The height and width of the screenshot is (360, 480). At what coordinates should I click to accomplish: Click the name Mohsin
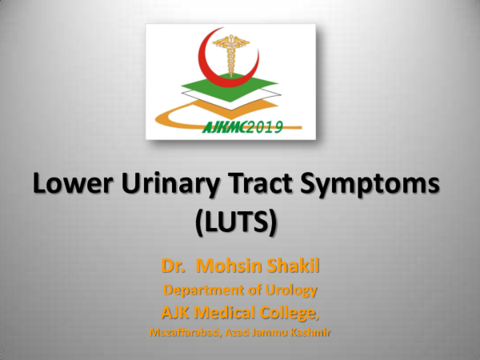[x=228, y=263]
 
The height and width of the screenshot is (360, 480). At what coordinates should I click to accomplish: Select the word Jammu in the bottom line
[x=272, y=328]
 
